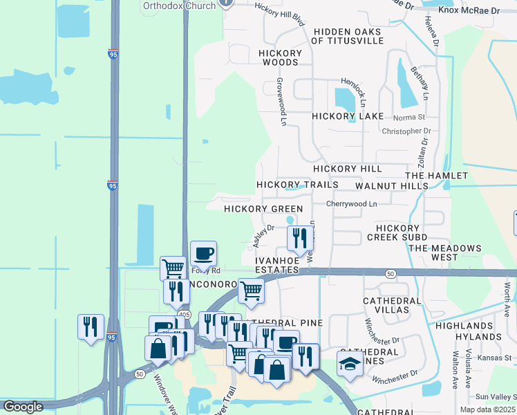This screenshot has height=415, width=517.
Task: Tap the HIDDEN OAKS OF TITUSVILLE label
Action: point(347,36)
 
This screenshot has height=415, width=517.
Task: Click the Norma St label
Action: point(408,118)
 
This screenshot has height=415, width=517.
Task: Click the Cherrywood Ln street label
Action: point(352,204)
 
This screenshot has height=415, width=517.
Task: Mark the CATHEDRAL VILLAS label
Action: point(392,306)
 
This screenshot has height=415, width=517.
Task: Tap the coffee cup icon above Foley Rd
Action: point(203,253)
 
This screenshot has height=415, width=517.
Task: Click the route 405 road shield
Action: point(183,314)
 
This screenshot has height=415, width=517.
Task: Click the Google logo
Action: point(23,407)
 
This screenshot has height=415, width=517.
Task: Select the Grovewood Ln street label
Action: point(281,100)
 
